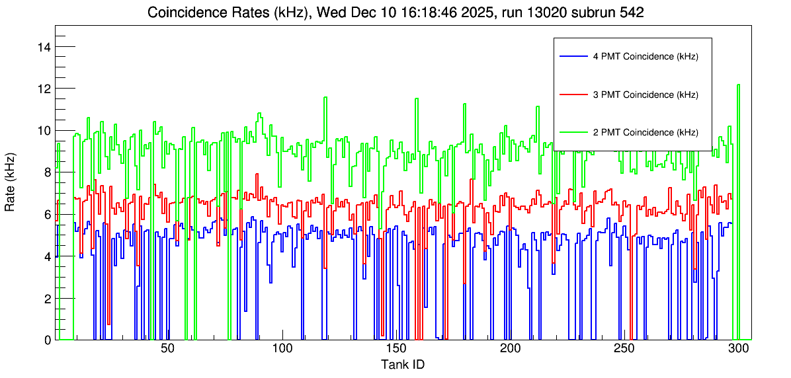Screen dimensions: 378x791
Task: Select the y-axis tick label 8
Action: click(48, 172)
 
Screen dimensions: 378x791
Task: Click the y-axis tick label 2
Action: click(48, 299)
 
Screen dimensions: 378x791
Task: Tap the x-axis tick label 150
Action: click(396, 349)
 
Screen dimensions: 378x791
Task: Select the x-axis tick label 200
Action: click(511, 349)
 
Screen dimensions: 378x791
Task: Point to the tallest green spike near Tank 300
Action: click(738, 86)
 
